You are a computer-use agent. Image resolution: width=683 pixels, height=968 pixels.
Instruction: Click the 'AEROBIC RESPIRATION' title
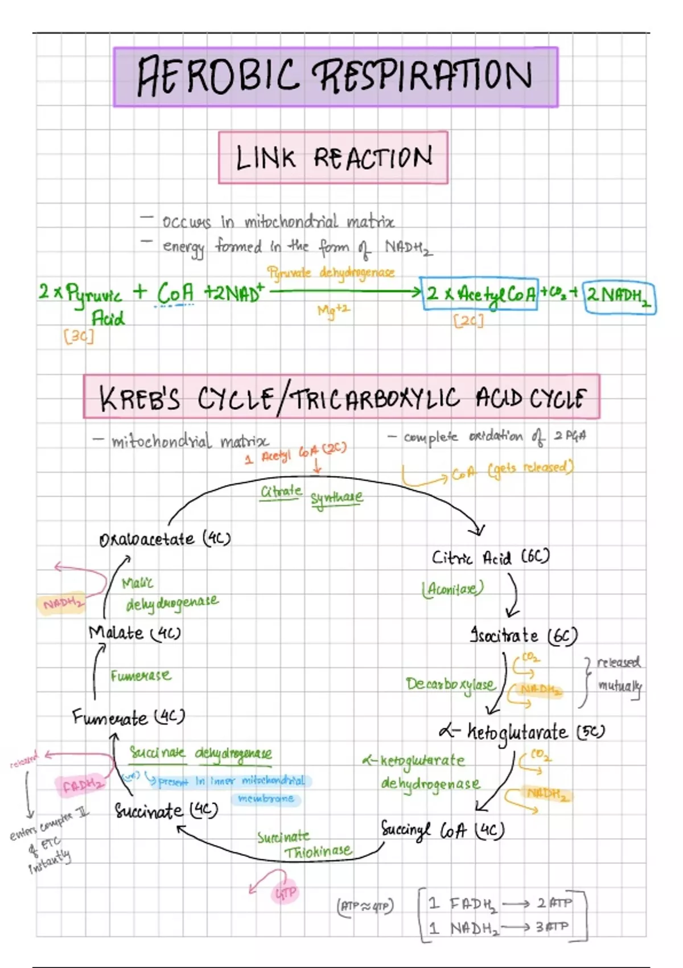pos(335,77)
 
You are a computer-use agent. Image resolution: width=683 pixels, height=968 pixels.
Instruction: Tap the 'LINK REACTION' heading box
pos(333,158)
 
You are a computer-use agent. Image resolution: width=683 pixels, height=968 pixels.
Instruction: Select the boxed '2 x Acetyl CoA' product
pos(479,294)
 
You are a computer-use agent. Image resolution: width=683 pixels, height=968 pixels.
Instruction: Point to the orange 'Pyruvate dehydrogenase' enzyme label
pos(331,273)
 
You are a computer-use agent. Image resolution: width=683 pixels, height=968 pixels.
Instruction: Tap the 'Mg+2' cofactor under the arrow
pos(334,310)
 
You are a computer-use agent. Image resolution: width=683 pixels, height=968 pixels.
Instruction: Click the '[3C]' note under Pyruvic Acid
pos(79,336)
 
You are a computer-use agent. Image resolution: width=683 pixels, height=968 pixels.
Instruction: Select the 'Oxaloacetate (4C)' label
pos(164,539)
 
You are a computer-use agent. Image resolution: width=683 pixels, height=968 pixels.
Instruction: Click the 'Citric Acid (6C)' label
pos(490,557)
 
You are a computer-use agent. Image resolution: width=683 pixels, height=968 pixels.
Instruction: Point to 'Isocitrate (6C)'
pos(523,635)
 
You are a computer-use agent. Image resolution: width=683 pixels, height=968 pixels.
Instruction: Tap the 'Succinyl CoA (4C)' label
pos(442,830)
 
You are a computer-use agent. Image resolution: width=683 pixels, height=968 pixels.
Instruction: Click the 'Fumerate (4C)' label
pos(129,717)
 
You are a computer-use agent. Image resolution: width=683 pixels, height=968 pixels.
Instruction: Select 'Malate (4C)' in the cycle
pos(134,633)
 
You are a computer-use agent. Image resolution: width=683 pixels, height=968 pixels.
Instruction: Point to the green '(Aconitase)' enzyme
pos(452,588)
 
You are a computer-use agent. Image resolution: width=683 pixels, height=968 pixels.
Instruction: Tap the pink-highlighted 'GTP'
pos(285,893)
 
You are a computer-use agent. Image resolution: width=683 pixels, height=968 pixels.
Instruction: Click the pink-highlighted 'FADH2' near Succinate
pos(83,786)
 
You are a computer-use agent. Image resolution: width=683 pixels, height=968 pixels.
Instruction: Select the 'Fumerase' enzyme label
pos(141,676)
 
